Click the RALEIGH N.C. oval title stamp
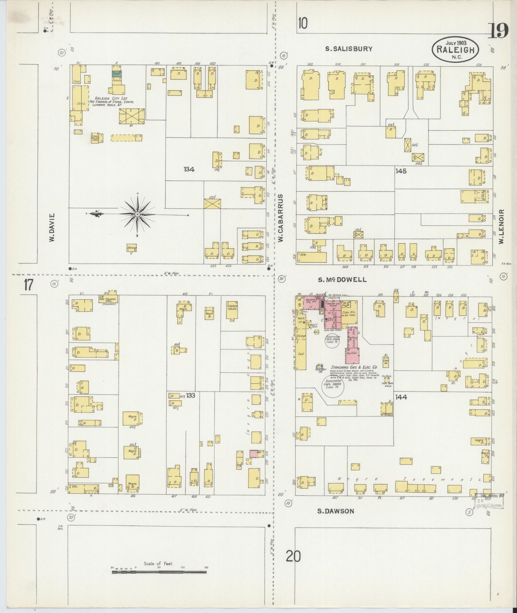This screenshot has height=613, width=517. [x=455, y=50]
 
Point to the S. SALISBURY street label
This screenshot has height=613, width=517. [x=348, y=49]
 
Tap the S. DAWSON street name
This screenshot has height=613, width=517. [x=336, y=511]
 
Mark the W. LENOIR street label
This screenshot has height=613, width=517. [x=502, y=227]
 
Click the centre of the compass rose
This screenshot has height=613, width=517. [x=137, y=214]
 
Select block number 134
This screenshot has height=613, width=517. [x=189, y=170]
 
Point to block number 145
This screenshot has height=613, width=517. [x=401, y=171]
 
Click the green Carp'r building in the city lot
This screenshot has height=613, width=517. [x=117, y=73]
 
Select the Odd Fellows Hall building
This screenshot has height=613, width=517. [x=109, y=299]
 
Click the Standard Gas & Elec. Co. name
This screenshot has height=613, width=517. [x=354, y=367]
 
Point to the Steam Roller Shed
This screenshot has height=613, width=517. [x=96, y=138]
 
